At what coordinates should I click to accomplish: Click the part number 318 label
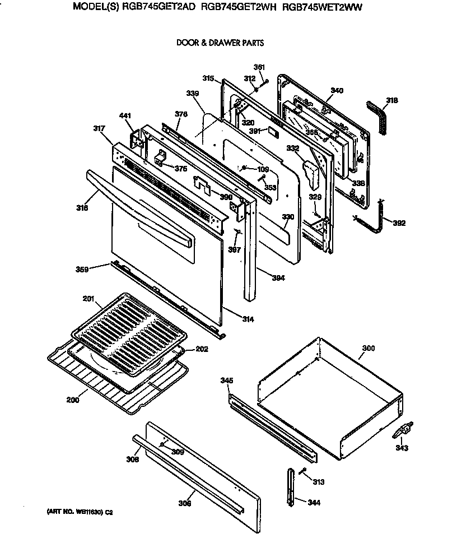click(392, 100)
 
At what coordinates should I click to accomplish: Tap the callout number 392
click(399, 223)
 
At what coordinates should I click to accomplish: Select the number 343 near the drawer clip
click(402, 448)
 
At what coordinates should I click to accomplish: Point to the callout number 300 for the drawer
click(368, 349)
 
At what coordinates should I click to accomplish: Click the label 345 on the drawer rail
click(226, 381)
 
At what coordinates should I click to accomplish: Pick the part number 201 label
click(88, 299)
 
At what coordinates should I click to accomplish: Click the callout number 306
click(185, 503)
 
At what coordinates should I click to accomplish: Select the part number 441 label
click(125, 116)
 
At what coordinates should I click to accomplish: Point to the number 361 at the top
click(259, 68)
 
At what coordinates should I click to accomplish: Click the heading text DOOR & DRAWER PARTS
click(220, 43)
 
